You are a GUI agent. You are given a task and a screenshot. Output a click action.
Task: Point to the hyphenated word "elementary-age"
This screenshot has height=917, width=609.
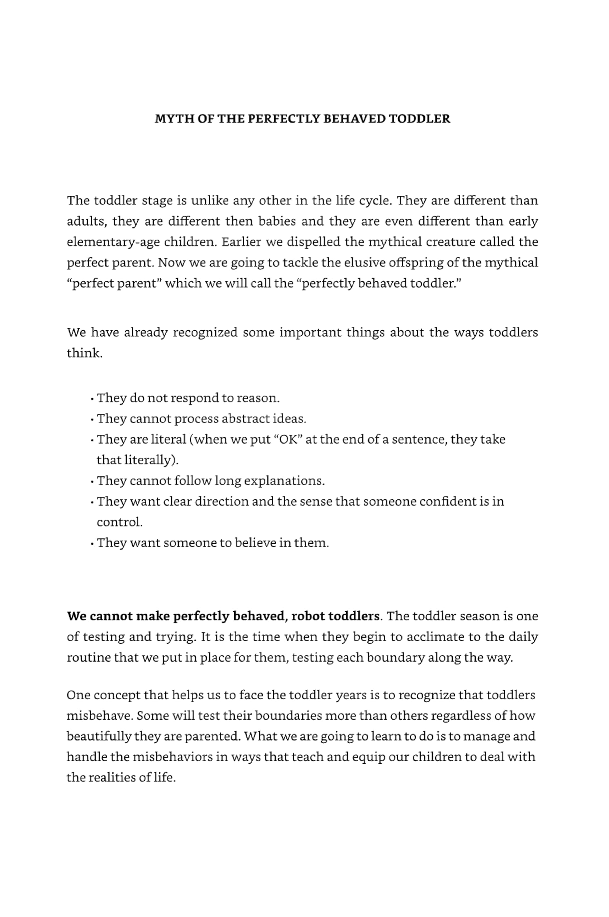pyautogui.click(x=113, y=242)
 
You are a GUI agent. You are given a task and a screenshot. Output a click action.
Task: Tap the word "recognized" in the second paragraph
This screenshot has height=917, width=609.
pyautogui.click(x=205, y=332)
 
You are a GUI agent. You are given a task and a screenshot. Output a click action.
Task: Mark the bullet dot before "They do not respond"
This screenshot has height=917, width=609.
pyautogui.click(x=92, y=399)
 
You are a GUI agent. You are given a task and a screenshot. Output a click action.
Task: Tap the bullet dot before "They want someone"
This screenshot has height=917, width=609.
pyautogui.click(x=92, y=543)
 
